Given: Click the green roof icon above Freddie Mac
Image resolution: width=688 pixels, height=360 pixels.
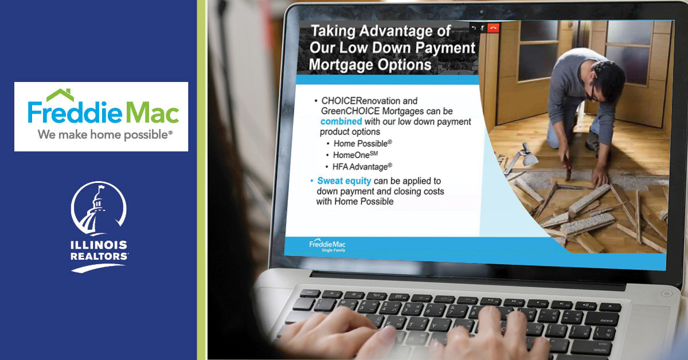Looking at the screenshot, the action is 61,95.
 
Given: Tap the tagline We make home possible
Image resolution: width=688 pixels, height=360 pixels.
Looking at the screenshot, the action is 105,135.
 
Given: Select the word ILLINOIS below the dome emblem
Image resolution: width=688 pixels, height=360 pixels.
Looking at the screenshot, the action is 99,245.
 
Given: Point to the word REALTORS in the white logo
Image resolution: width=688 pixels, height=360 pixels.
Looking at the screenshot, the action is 99,256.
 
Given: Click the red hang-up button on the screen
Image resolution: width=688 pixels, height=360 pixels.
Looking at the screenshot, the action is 493,28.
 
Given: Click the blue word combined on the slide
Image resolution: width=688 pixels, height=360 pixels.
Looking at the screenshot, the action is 341,122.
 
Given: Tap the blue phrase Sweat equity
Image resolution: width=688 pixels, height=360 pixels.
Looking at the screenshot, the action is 344,181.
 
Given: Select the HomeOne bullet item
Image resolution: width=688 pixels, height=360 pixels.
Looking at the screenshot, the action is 355,155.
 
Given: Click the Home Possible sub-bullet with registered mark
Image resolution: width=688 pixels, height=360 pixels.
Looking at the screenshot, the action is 363,143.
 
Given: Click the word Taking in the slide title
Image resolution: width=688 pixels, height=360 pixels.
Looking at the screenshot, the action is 333,31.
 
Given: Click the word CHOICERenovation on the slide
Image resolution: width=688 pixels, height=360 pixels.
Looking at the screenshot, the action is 369,101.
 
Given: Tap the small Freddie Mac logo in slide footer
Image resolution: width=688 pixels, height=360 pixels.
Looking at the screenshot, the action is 327,245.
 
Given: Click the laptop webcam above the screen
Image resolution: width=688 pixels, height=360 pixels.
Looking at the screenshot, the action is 482,12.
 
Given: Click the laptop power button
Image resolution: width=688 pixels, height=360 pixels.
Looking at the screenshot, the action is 666,294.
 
